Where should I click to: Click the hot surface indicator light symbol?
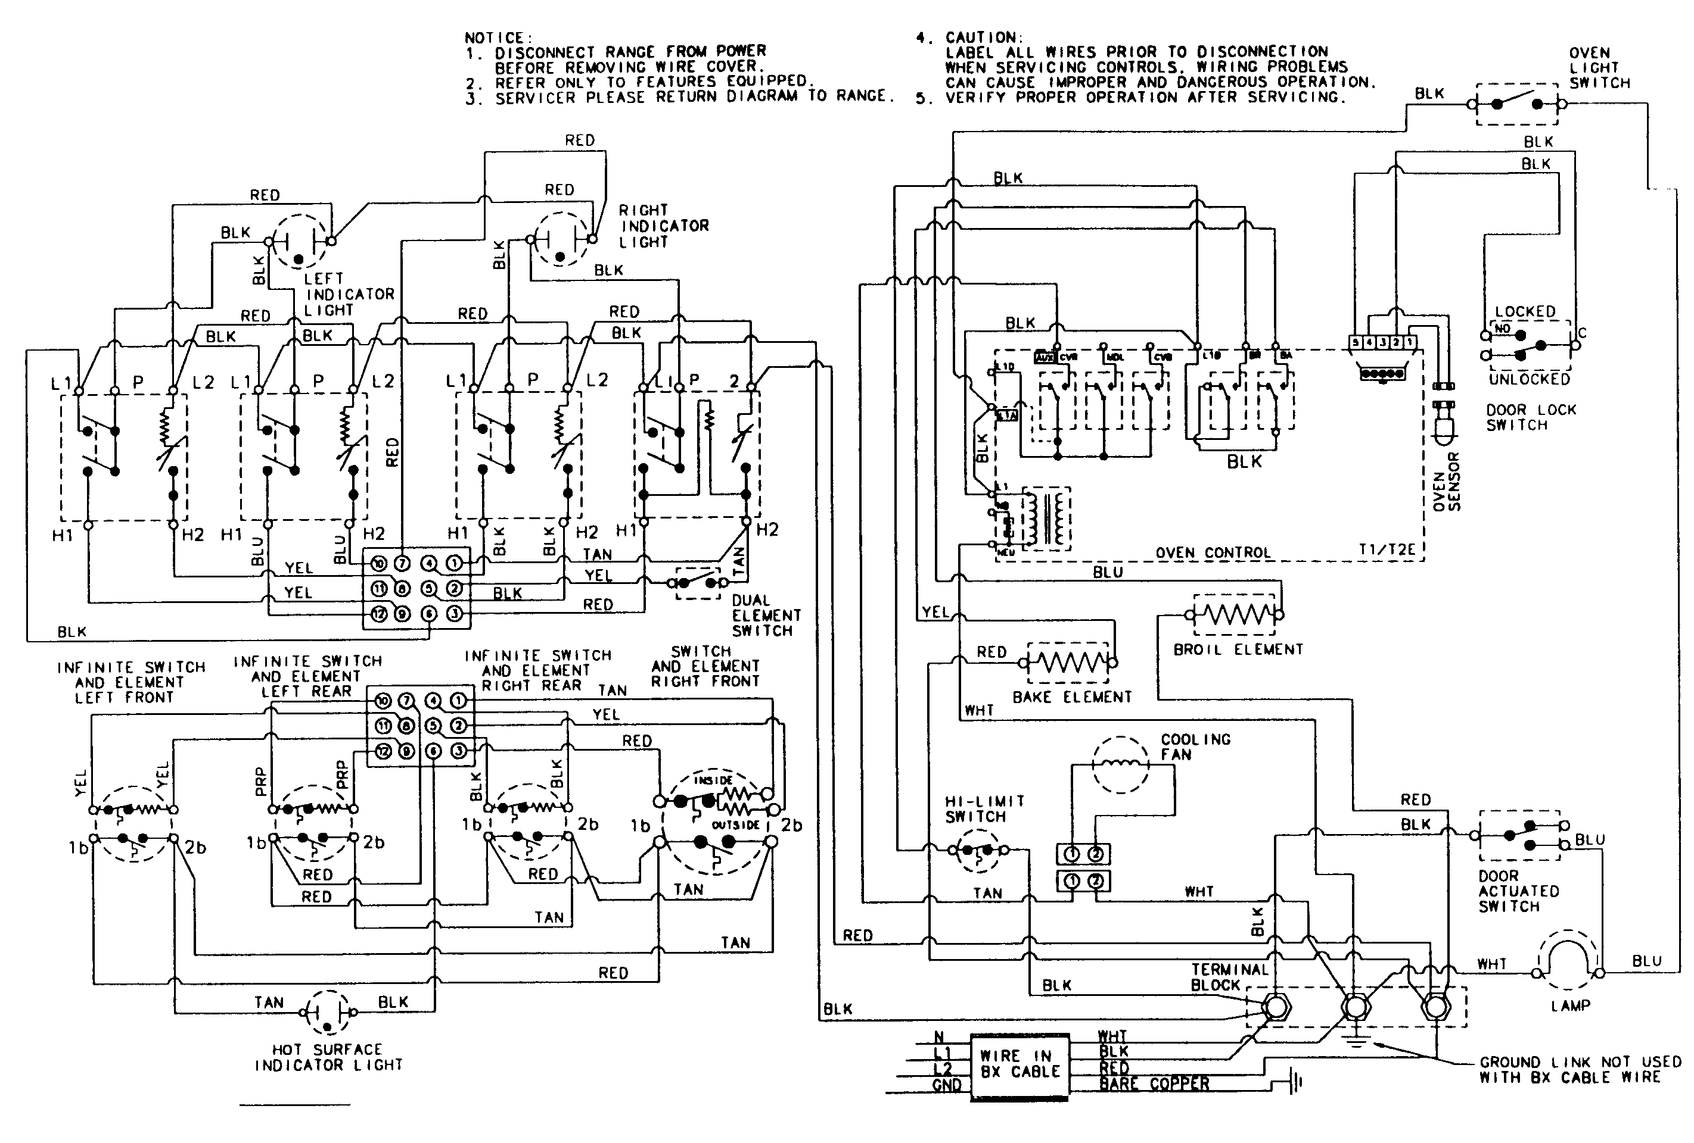[327, 1013]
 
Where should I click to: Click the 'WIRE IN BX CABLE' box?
[1019, 1064]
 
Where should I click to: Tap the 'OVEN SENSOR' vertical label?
[1446, 482]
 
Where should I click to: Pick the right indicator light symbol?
[560, 239]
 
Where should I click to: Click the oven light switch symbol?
[1517, 105]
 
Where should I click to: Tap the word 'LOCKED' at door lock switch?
[1525, 312]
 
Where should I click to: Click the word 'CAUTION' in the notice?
[983, 37]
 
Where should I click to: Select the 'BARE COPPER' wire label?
[1154, 1084]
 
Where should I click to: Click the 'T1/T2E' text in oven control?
[1387, 550]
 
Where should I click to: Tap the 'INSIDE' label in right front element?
[713, 780]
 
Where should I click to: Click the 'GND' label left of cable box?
[946, 1085]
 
